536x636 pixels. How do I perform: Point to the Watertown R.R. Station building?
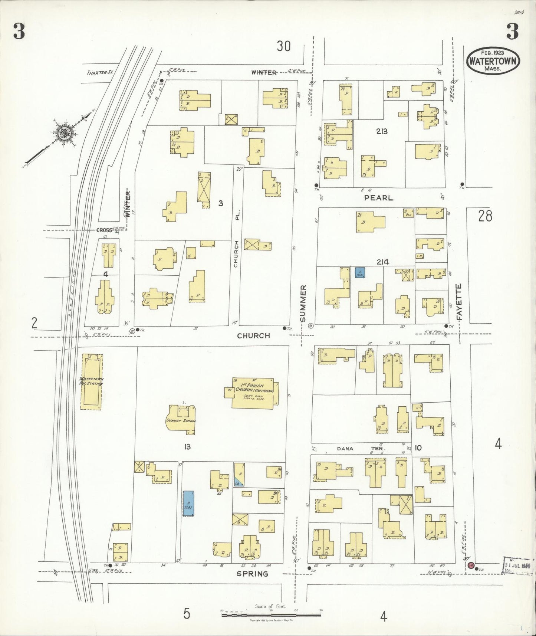click(92, 381)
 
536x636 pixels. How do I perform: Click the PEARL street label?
click(378, 198)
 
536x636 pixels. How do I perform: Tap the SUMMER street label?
click(303, 303)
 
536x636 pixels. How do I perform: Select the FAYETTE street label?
click(459, 302)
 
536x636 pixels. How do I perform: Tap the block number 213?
click(381, 131)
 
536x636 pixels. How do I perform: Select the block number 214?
click(382, 262)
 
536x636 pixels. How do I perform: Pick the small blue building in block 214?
click(360, 273)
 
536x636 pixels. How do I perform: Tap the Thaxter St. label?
click(100, 72)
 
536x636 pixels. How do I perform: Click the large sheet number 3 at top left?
click(19, 32)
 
